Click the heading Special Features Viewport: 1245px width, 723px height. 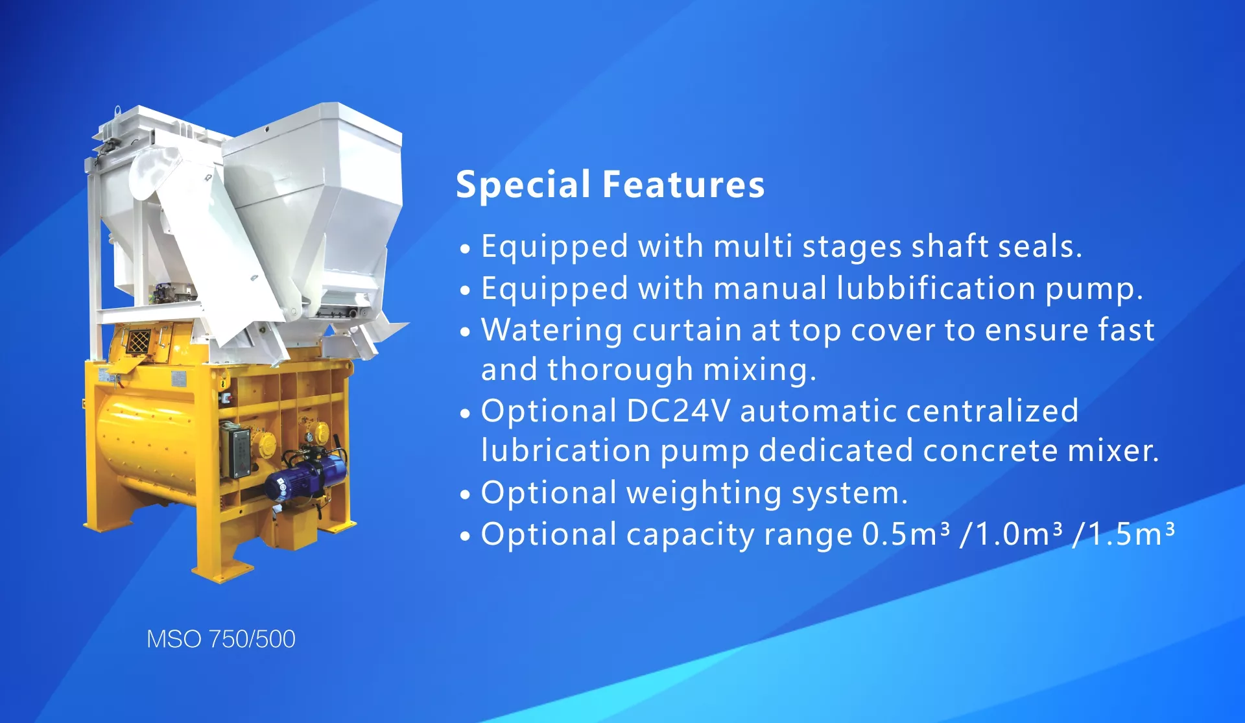[x=610, y=185]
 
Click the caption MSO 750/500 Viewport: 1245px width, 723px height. [x=221, y=639]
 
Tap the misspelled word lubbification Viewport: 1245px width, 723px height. [x=936, y=288]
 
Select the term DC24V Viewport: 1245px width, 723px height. [x=678, y=410]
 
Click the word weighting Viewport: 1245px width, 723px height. [x=704, y=493]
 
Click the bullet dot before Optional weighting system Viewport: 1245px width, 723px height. [x=464, y=495]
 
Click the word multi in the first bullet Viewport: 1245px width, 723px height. [x=753, y=246]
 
